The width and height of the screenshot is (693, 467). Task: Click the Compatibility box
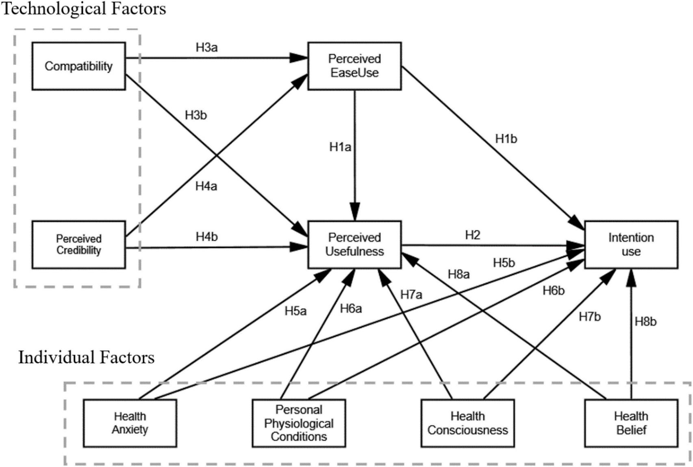click(x=78, y=66)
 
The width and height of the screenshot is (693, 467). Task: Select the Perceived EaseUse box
click(x=354, y=66)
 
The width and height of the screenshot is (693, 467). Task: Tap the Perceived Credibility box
click(x=78, y=244)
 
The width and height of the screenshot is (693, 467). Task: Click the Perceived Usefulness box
click(x=354, y=244)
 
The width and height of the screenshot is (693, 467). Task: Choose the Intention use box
click(x=631, y=244)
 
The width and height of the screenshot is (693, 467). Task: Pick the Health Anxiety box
click(x=130, y=423)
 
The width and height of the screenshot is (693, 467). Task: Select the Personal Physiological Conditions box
click(x=299, y=423)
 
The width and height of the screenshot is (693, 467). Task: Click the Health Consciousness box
click(x=467, y=423)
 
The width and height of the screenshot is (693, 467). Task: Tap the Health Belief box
click(x=631, y=423)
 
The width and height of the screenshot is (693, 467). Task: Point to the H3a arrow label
click(x=206, y=48)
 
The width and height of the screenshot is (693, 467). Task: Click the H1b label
click(x=506, y=139)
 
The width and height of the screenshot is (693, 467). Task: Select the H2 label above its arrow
click(x=472, y=235)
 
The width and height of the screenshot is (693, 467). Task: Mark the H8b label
click(x=645, y=322)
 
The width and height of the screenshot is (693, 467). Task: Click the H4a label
click(x=206, y=186)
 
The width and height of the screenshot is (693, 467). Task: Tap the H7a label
click(x=411, y=295)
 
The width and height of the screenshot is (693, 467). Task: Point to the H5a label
click(x=295, y=312)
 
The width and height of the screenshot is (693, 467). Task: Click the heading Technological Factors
click(x=84, y=8)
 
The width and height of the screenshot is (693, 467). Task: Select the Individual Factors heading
click(x=86, y=358)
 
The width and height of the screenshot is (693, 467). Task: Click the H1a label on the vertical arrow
click(x=340, y=147)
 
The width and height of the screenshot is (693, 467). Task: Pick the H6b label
click(x=554, y=291)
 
